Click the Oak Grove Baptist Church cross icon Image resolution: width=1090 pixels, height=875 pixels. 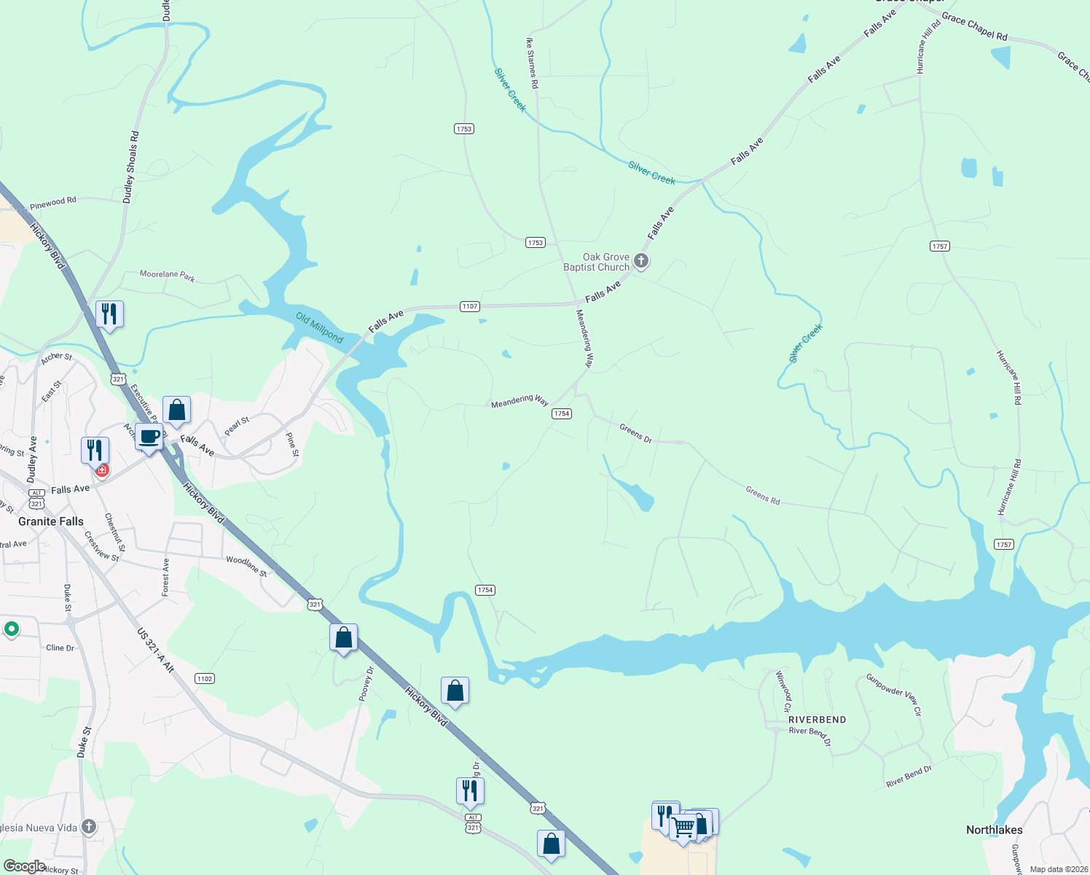click(641, 260)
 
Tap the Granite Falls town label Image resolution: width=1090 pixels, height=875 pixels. click(51, 521)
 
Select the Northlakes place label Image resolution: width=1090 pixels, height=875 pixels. click(994, 830)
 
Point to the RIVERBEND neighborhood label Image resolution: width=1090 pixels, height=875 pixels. click(817, 720)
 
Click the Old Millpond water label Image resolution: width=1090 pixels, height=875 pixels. click(319, 327)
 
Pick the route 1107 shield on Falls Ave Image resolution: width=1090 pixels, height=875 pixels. click(470, 306)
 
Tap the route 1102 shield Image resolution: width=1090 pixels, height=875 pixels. click(205, 679)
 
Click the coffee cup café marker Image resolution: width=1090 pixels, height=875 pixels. click(149, 437)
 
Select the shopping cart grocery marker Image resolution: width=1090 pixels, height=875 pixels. click(683, 827)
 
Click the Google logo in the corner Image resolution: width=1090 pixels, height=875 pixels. click(24, 866)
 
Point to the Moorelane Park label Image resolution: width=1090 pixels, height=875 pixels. click(167, 276)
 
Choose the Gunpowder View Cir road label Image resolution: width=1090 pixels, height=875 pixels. click(894, 694)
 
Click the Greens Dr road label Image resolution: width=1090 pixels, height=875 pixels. click(635, 433)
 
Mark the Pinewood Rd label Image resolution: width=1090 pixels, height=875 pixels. click(53, 203)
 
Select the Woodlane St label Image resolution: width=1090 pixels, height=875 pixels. click(246, 566)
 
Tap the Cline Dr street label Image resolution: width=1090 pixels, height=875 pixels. click(60, 647)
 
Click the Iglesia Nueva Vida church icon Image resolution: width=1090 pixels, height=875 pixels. click(89, 826)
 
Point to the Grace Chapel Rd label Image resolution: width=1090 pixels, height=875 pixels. click(974, 27)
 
